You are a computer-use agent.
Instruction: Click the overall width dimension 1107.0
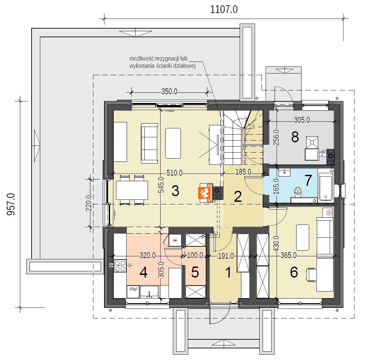click(224, 10)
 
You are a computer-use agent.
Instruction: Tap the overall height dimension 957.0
click(11, 204)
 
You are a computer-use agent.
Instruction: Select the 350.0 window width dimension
click(169, 91)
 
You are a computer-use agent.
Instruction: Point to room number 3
click(175, 190)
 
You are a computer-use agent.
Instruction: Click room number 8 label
click(295, 137)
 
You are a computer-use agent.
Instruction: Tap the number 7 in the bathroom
click(308, 180)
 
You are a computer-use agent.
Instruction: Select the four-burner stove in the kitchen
click(120, 266)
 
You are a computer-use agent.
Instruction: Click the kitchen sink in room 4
click(150, 292)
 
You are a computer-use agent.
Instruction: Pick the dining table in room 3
click(132, 190)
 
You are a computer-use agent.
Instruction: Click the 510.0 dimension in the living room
click(175, 173)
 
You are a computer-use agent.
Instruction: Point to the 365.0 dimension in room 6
click(289, 255)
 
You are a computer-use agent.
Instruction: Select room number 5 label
click(195, 273)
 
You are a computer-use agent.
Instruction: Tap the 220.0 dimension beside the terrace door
click(89, 203)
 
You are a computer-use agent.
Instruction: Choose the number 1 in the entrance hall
click(228, 273)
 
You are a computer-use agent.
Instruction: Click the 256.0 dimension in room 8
click(276, 138)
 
